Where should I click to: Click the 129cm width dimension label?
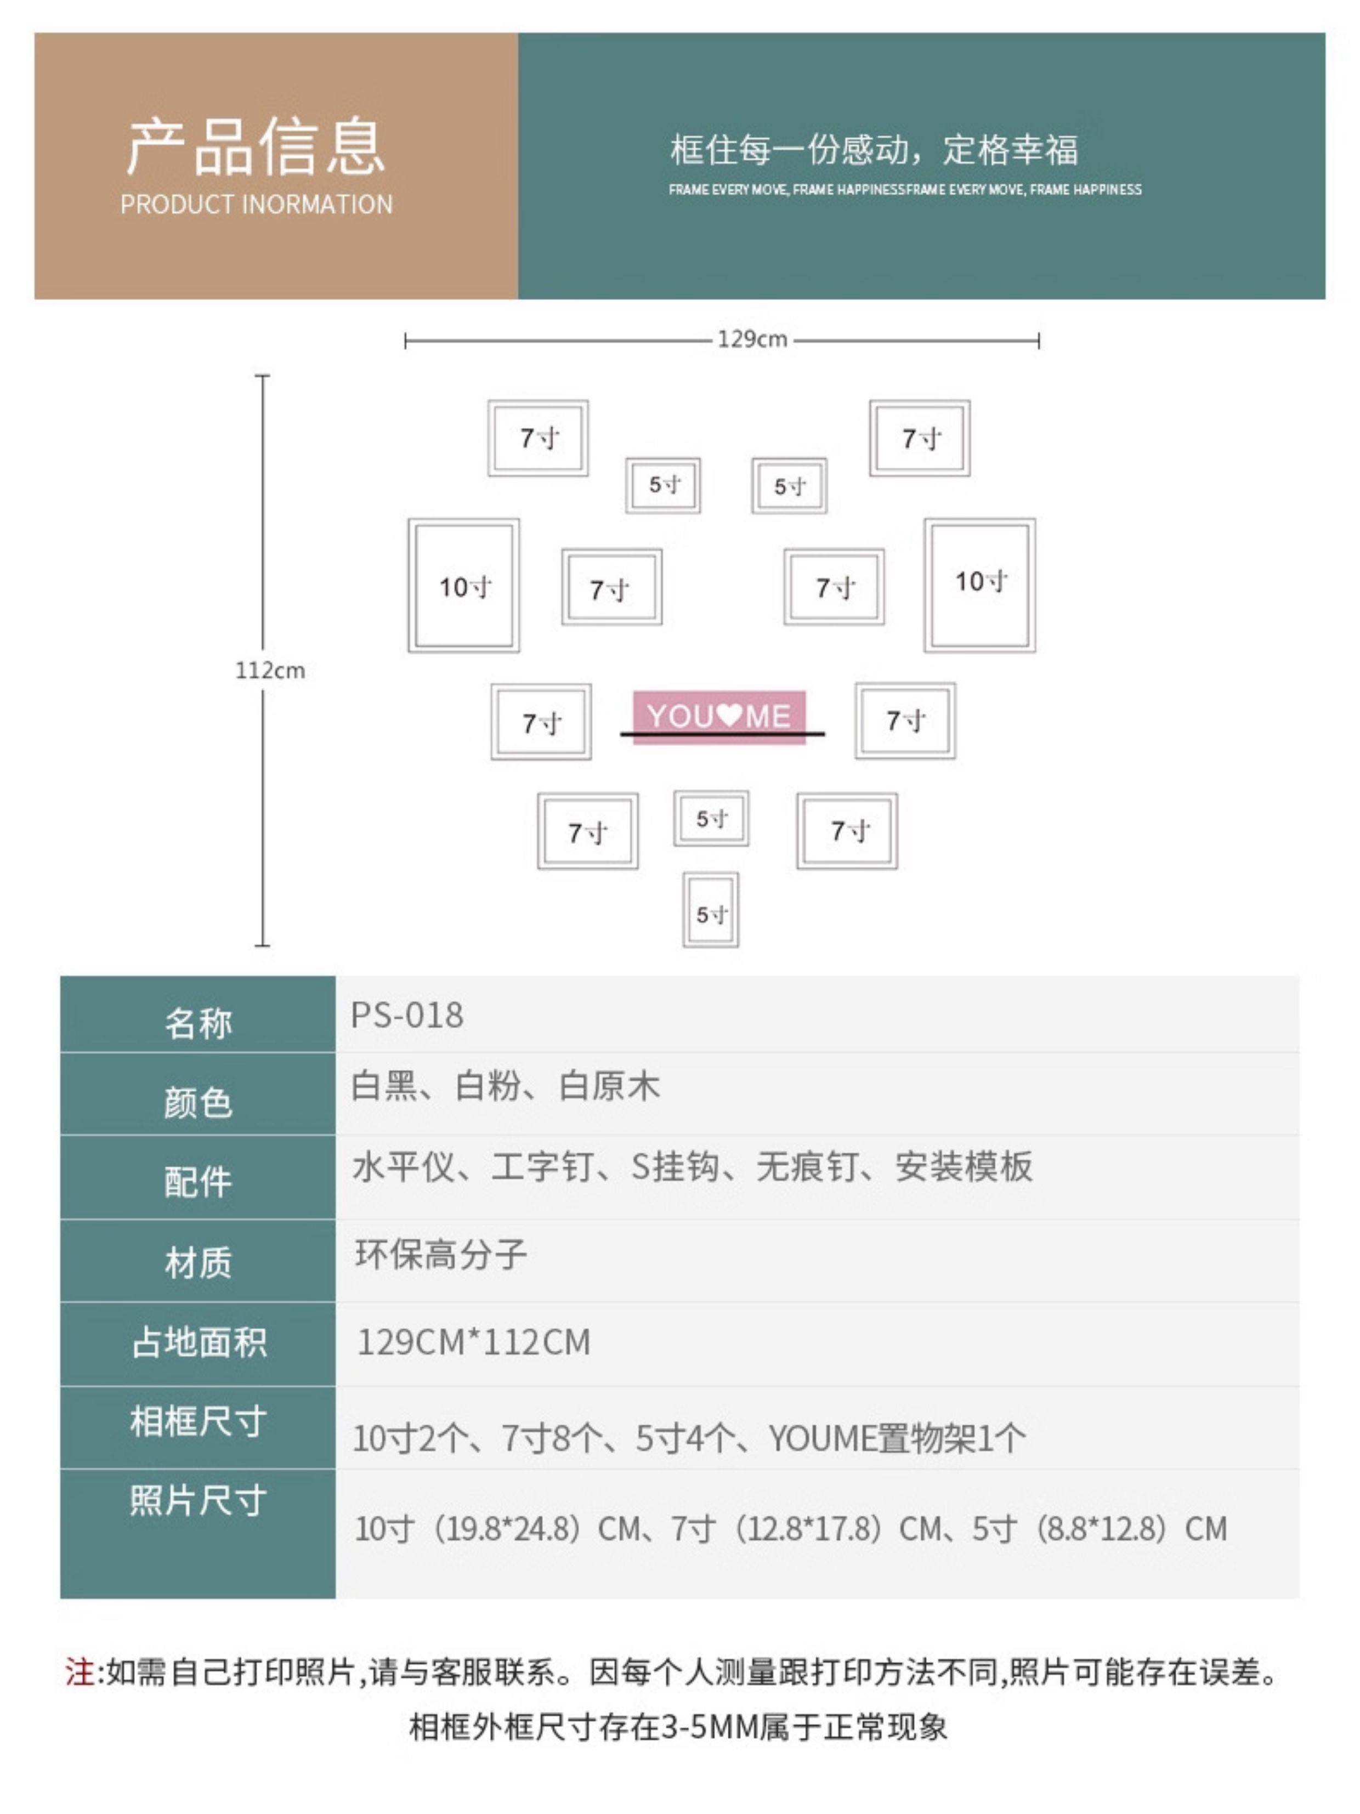click(x=751, y=339)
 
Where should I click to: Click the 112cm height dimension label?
click(x=270, y=670)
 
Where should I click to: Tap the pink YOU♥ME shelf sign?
click(x=718, y=716)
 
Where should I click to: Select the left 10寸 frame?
click(x=463, y=586)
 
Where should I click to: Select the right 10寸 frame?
click(x=979, y=584)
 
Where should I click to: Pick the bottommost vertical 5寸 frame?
click(x=710, y=910)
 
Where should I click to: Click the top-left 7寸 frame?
click(x=538, y=438)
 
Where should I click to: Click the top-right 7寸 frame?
click(x=920, y=438)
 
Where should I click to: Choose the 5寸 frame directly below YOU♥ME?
click(x=710, y=818)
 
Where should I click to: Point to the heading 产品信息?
click(x=256, y=148)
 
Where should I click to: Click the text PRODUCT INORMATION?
click(x=256, y=204)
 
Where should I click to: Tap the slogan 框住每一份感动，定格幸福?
click(x=874, y=150)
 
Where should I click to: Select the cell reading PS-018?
click(x=407, y=1015)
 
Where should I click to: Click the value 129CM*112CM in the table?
click(x=473, y=1342)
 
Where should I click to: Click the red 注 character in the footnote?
click(x=80, y=1671)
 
